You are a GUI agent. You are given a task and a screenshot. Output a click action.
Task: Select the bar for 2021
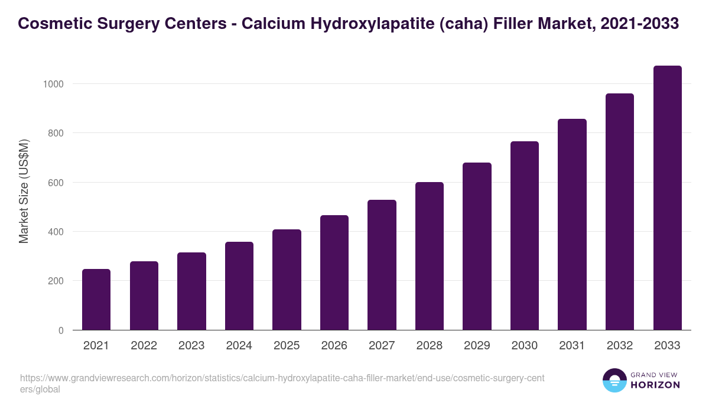coord(96,300)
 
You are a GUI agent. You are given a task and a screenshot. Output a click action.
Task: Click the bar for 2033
coord(667,198)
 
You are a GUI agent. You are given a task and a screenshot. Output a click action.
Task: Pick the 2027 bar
coord(382,265)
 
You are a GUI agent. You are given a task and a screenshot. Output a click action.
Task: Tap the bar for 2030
coord(525,236)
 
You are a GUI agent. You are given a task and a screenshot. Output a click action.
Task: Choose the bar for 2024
coord(239,286)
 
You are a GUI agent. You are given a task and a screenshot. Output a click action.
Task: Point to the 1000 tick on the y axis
coord(54,84)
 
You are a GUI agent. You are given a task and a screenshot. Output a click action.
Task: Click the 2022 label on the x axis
coord(144,346)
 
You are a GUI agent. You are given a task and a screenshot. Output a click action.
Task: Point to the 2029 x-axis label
coord(477,346)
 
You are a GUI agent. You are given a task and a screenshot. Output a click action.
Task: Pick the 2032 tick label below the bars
coord(620,346)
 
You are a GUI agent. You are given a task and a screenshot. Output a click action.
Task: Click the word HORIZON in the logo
coord(656,385)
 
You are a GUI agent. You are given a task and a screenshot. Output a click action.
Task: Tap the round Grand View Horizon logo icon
coord(614,380)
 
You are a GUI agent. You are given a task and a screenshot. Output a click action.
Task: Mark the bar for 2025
coord(287,280)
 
